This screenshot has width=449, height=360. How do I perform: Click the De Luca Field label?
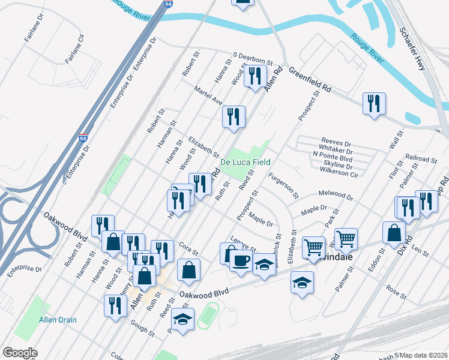click(245, 162)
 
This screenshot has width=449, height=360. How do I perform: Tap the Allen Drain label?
click(58, 320)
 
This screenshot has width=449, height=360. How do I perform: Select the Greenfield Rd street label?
click(310, 79)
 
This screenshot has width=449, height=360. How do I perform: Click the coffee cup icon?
click(241, 262)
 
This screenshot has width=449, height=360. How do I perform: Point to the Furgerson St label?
click(283, 185)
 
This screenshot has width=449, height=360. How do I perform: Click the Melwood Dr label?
click(336, 196)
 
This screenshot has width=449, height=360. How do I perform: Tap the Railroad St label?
click(421, 159)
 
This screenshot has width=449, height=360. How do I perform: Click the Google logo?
click(20, 353)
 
